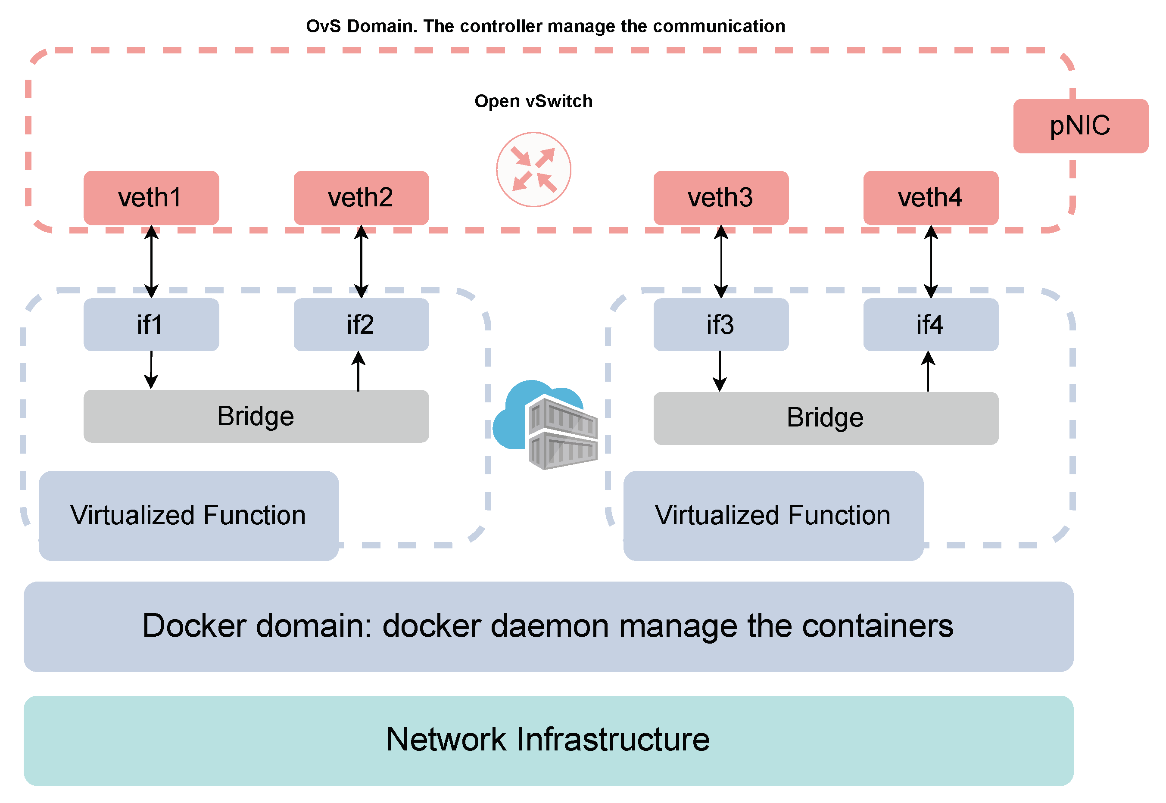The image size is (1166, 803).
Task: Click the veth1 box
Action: coord(151,198)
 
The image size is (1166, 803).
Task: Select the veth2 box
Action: coord(361,198)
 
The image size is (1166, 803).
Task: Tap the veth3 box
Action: coord(720,198)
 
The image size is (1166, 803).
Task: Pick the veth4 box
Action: coord(930,198)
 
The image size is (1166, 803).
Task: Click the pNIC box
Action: coord(1080,126)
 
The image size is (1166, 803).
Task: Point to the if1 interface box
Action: coord(151,324)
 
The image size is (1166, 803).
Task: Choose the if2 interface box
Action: coord(361,324)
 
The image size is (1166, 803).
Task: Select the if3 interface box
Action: coord(720,324)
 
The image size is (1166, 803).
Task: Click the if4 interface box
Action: coord(930,324)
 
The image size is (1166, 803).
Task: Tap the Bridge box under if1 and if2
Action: coord(256,416)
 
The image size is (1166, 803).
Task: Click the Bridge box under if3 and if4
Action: coord(825,418)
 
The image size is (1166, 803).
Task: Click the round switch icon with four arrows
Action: coord(533,170)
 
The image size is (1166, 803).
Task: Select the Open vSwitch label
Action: coord(533,101)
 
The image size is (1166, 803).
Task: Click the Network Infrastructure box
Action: coord(548,740)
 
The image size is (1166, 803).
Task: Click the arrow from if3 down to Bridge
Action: coord(720,371)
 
